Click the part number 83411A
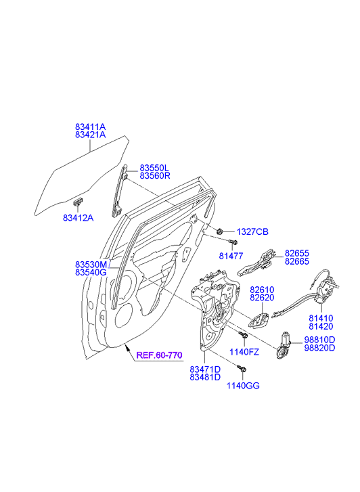(x=91, y=127)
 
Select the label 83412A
(x=78, y=218)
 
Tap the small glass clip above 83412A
(x=78, y=202)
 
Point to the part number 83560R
(x=155, y=176)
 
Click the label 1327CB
(x=252, y=232)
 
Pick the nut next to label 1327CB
(x=220, y=231)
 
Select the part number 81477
(x=231, y=256)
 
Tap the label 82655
(x=297, y=253)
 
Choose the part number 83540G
(x=91, y=272)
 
